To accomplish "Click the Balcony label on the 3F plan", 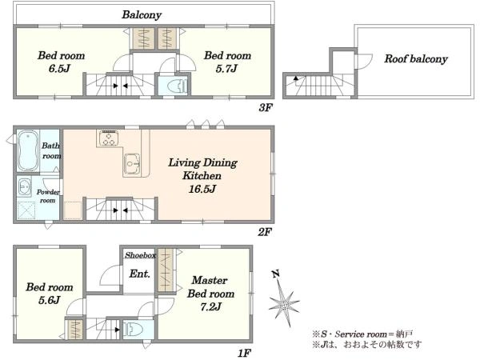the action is [x=142, y=14].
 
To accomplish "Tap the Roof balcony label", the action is [x=416, y=58].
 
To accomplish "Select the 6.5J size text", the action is [x=59, y=68].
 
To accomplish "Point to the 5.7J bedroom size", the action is [x=226, y=68].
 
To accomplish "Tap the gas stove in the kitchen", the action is [x=109, y=138].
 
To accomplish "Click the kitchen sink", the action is [x=132, y=164].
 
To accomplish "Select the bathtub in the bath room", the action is [x=28, y=150].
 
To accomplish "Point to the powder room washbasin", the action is [x=24, y=186].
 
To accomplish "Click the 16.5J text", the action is [x=202, y=189].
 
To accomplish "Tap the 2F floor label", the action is [x=265, y=232].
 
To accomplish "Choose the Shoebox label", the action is [x=140, y=255].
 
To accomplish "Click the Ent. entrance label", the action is [x=139, y=274].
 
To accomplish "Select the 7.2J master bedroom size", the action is [x=210, y=306].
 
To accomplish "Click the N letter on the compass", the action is [x=275, y=274].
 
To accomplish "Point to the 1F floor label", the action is [x=244, y=354].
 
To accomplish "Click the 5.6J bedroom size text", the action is [x=49, y=300].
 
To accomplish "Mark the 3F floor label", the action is [x=266, y=107].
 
